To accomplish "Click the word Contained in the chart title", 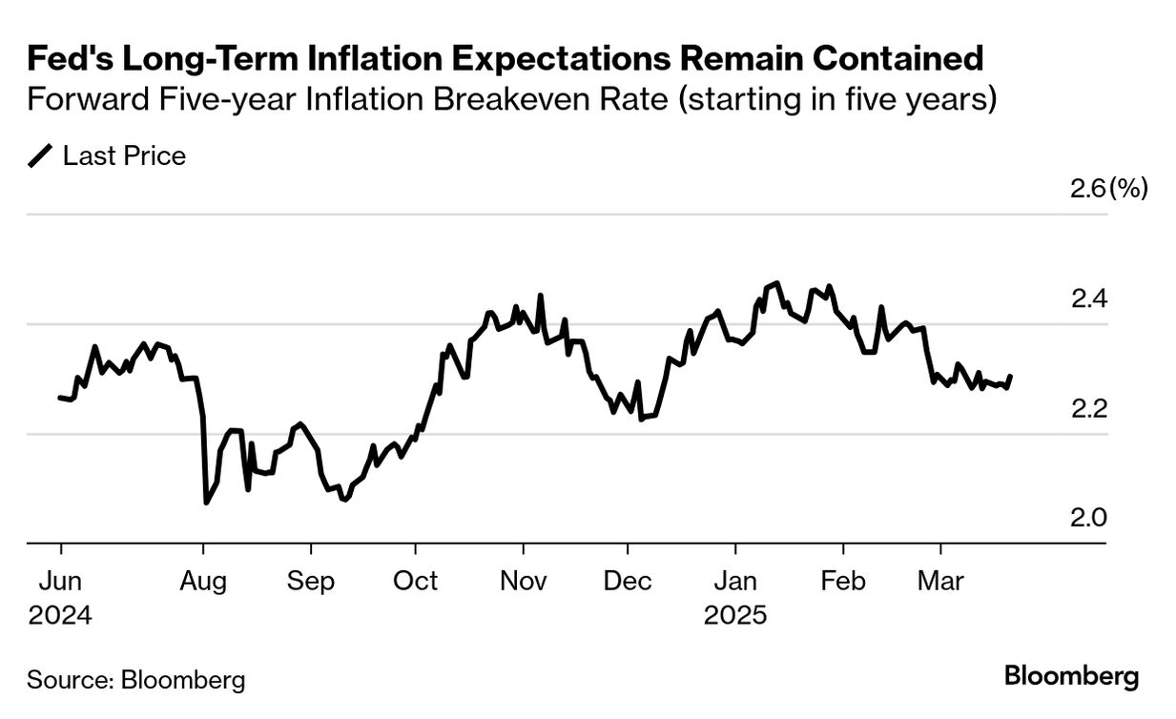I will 897,59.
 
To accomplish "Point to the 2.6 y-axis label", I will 1086,188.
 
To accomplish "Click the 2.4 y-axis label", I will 1086,298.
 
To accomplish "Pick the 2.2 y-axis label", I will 1086,408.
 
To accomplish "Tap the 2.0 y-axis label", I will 1086,518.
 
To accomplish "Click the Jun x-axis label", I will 60,581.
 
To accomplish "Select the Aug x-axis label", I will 203,581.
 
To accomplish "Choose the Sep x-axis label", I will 310,581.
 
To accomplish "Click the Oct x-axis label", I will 415,581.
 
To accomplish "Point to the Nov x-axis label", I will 524,581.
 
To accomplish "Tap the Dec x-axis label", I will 629,581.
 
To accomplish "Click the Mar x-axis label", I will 941,581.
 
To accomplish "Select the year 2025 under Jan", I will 735,615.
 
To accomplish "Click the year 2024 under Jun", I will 60,615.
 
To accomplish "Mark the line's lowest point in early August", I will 206,503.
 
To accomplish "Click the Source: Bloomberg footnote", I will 135,680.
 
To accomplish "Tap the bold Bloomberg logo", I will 1071,677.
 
